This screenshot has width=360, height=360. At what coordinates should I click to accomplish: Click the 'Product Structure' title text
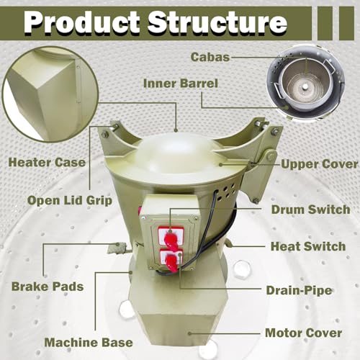coord(156,23)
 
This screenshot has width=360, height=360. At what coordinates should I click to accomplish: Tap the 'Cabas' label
coord(210,57)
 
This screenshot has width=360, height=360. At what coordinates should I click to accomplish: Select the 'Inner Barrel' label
coord(181,84)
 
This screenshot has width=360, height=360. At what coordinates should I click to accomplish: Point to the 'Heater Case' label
coord(47,163)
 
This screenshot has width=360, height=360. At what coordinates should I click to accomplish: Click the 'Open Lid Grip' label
coord(70,201)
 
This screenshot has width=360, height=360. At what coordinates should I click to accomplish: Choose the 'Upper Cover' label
coord(319,164)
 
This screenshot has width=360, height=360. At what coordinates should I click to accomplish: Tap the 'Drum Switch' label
coord(310,210)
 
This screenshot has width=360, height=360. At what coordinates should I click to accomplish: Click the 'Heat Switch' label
coord(308,246)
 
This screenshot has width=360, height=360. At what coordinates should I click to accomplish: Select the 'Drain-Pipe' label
coord(299,290)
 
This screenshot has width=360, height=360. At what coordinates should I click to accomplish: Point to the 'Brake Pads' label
coord(48,287)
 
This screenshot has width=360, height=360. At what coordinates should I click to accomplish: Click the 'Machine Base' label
coord(89,343)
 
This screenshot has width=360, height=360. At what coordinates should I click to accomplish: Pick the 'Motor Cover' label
coord(304,333)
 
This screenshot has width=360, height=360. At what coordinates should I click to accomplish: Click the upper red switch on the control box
coord(171,237)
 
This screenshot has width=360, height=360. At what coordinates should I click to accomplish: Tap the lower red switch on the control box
coord(171,261)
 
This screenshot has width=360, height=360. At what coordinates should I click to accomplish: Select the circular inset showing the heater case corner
coord(50,94)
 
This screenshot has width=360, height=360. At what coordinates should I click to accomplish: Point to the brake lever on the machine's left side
coord(117,248)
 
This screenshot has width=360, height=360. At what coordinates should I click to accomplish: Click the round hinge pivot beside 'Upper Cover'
coord(271,156)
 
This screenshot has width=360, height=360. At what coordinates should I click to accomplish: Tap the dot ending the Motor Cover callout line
coord(189,333)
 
